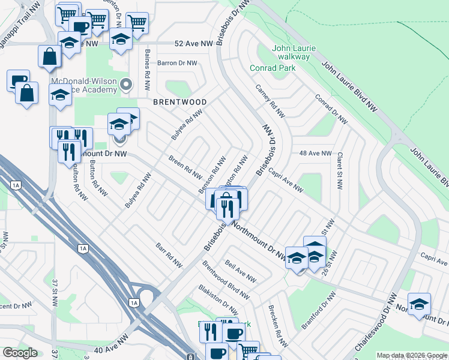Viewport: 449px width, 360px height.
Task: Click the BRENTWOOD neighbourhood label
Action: (x=179, y=103)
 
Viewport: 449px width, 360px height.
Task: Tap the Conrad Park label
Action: (x=273, y=68)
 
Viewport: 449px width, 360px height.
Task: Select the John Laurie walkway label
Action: (x=294, y=52)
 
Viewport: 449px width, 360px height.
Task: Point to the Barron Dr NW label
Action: (x=177, y=63)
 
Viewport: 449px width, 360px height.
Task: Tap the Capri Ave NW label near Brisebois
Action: (x=286, y=180)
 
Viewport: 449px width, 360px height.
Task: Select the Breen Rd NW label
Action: (x=185, y=168)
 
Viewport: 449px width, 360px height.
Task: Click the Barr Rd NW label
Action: (x=169, y=255)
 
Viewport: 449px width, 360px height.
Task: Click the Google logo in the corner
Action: (x=20, y=353)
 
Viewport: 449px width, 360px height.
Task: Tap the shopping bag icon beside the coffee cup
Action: (x=26, y=94)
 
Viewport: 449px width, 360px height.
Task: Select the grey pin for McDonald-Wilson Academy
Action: (x=125, y=85)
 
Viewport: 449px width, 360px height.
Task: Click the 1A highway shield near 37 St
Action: (x=83, y=248)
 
